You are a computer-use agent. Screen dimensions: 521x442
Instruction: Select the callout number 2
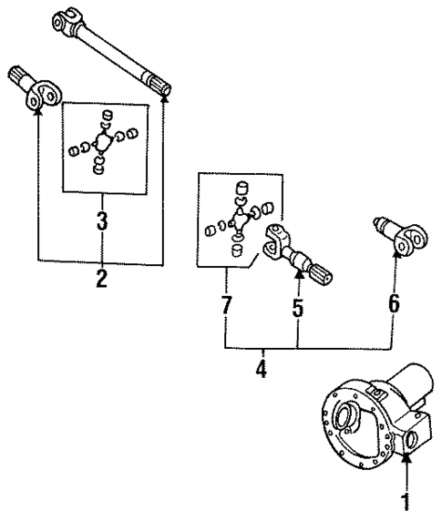pos(101,279)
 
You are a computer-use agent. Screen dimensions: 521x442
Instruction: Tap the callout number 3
pos(102,220)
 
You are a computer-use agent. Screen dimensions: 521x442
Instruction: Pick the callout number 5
pos(297,307)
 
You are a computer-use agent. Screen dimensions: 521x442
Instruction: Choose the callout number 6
pos(394,303)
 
